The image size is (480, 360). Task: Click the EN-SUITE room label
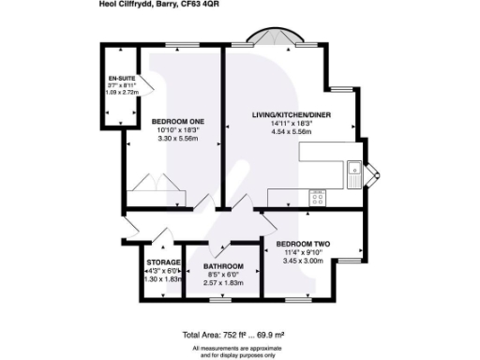(x=118, y=79)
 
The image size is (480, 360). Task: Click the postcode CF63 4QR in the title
(x=217, y=5)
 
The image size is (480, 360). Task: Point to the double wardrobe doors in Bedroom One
(x=150, y=182)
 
